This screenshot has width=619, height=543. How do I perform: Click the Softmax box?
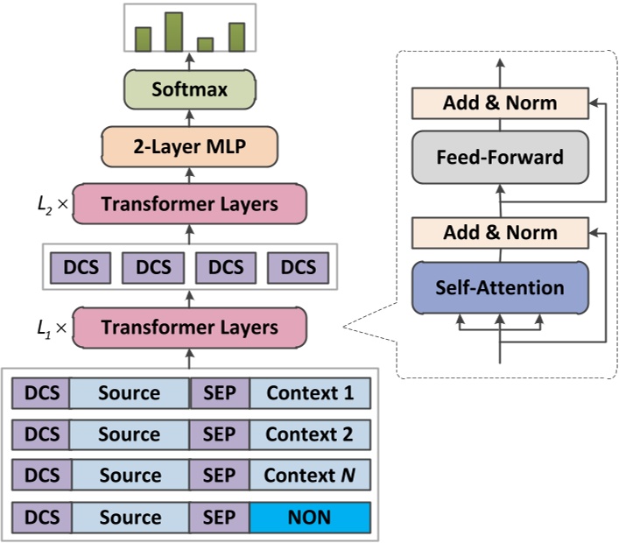[189, 89]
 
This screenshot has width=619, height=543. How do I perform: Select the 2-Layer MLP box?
[189, 146]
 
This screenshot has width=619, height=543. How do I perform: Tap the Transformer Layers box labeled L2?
[189, 204]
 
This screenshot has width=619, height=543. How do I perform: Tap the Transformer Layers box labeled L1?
[189, 328]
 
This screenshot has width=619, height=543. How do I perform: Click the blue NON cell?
[310, 517]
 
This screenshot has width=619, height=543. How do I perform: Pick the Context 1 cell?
[310, 393]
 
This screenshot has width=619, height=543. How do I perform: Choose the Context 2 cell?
[310, 434]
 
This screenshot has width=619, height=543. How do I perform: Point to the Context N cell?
[310, 476]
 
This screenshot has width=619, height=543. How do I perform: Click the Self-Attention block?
[500, 287]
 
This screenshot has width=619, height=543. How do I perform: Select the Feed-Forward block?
[500, 158]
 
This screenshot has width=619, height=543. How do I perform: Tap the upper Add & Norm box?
[500, 103]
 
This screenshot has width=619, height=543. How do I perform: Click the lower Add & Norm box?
[500, 233]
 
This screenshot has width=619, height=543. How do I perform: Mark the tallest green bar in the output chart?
[173, 32]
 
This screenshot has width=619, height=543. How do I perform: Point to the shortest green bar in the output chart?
[206, 45]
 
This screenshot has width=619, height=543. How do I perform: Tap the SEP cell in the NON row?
[220, 517]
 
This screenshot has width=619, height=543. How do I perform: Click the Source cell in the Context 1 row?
[129, 393]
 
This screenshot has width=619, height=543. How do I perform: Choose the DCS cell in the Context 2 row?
[40, 434]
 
